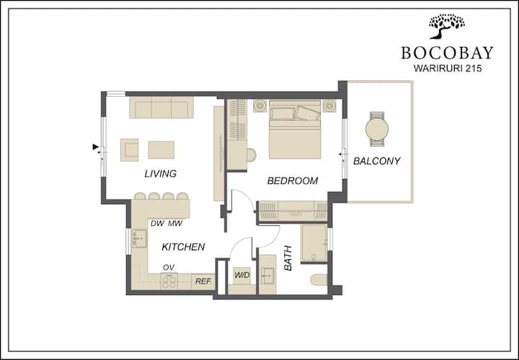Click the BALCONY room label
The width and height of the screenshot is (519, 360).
(377, 161)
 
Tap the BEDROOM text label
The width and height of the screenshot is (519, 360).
(293, 181)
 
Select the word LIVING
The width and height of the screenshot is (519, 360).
(161, 174)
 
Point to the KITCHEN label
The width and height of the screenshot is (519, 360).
(183, 247)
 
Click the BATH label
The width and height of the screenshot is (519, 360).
(288, 258)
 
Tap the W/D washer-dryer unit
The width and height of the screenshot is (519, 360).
(242, 276)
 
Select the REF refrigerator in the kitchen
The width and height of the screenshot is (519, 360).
(203, 281)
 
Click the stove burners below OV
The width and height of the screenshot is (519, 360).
(169, 281)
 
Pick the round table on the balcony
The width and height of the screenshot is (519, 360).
(377, 129)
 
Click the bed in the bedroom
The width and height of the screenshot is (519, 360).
(295, 129)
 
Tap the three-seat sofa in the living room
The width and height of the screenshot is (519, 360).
(161, 107)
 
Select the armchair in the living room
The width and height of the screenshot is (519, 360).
(129, 149)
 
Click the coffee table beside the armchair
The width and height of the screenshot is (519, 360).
(161, 149)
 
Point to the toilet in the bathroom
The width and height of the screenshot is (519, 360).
(319, 280)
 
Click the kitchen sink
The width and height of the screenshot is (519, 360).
(139, 239)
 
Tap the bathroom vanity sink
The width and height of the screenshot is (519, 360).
(267, 275)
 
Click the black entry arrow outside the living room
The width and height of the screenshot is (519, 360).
(96, 146)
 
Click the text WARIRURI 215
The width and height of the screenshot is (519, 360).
(448, 69)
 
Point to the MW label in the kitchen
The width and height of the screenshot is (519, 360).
(175, 223)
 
